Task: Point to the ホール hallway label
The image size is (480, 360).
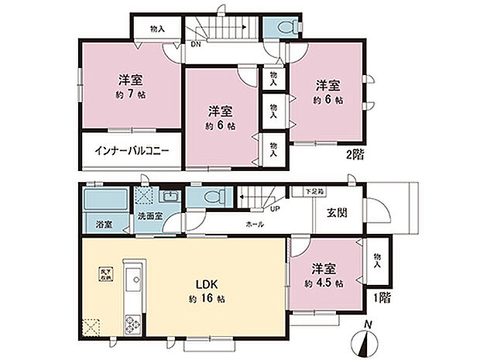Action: tap(255, 224)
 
